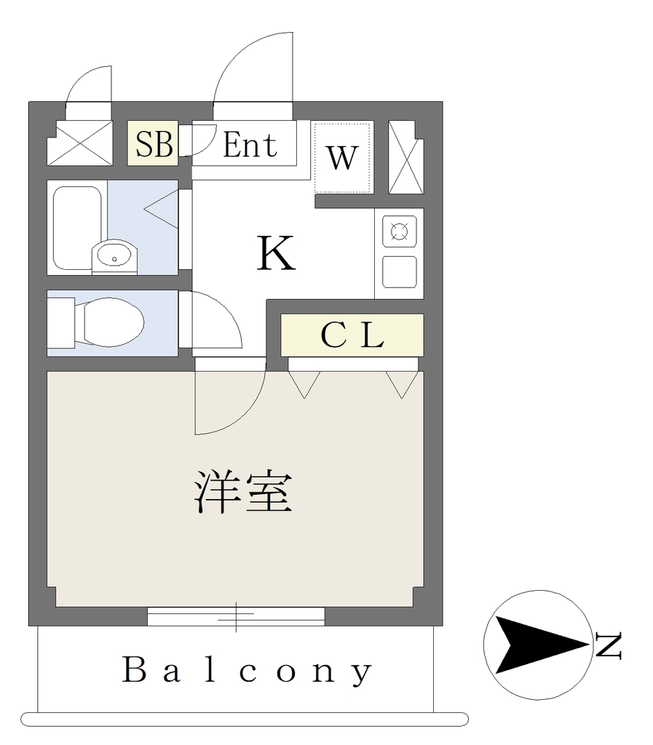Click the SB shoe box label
(x=154, y=144)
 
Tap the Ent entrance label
(x=250, y=145)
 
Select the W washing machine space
(x=342, y=158)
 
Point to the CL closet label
(x=352, y=335)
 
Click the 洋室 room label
(x=243, y=492)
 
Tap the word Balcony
(x=247, y=670)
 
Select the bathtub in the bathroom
(x=77, y=228)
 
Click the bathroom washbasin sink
(x=114, y=257)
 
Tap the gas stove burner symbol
(x=399, y=231)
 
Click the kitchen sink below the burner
(x=400, y=272)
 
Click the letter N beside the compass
(x=608, y=646)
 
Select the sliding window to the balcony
(x=236, y=616)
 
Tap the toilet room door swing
(x=227, y=308)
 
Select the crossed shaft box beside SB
(x=80, y=143)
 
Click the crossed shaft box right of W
(x=406, y=157)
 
